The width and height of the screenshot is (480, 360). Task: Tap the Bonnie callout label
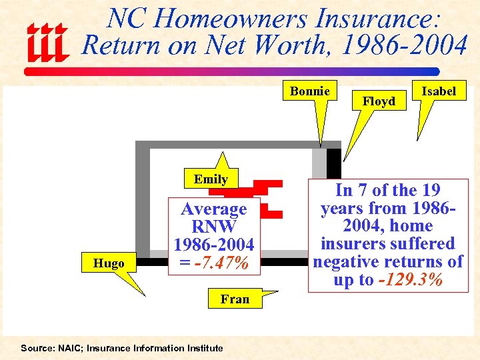pyautogui.click(x=310, y=91)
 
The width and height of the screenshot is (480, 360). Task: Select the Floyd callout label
pyautogui.click(x=379, y=101)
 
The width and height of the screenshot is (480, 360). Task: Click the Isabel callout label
pyautogui.click(x=439, y=91)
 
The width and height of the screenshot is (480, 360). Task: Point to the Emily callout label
pyautogui.click(x=211, y=179)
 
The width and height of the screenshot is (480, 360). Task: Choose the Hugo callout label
pyautogui.click(x=109, y=263)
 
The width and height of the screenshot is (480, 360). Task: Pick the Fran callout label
pyautogui.click(x=235, y=299)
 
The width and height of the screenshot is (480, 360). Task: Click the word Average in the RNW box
pyautogui.click(x=214, y=209)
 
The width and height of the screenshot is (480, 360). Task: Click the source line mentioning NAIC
pyautogui.click(x=121, y=348)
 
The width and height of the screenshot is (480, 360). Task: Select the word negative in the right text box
pyautogui.click(x=353, y=261)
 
